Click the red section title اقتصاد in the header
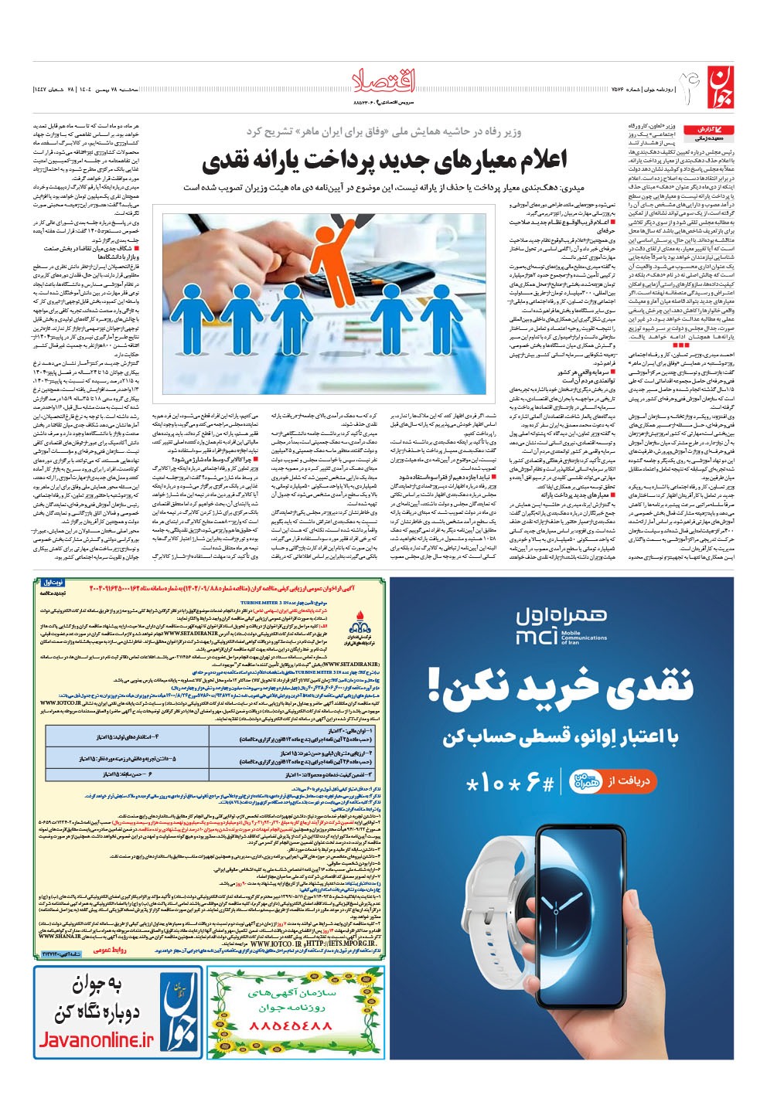[383, 79]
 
